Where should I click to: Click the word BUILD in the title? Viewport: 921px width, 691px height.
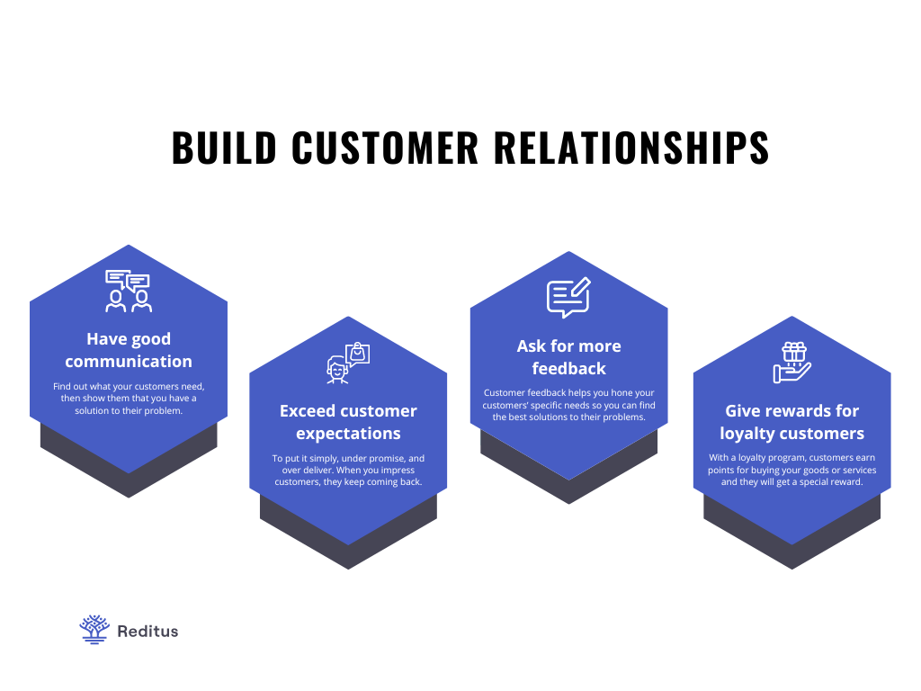tap(224, 148)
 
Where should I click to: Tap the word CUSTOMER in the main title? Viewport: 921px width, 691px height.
tap(385, 148)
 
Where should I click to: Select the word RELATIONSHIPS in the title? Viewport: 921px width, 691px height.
tap(631, 148)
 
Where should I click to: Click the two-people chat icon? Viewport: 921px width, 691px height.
tap(128, 291)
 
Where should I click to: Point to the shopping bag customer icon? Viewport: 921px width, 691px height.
tap(348, 363)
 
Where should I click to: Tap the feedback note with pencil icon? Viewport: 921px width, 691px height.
tap(568, 297)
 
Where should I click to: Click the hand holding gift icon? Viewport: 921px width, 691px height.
tap(791, 363)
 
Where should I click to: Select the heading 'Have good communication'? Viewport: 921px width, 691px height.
tap(129, 350)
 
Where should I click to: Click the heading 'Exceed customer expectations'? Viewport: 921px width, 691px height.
tap(348, 422)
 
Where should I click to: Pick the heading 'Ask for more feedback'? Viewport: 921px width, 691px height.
tap(568, 357)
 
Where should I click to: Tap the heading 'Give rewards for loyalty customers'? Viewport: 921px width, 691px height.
tap(791, 422)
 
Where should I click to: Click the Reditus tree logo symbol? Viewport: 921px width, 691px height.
tap(94, 630)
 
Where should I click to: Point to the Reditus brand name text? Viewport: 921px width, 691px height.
tap(148, 631)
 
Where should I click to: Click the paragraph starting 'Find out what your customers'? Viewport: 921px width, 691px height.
tap(129, 399)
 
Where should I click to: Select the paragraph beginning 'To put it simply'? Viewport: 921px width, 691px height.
tap(348, 470)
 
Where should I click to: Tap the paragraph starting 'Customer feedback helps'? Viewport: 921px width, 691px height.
tap(568, 405)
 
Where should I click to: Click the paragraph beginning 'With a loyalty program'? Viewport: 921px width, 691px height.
tap(791, 470)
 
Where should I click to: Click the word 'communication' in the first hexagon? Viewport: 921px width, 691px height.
tap(129, 362)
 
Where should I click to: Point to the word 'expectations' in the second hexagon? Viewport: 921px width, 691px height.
tap(348, 434)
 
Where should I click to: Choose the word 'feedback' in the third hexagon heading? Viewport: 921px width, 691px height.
tap(568, 368)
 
